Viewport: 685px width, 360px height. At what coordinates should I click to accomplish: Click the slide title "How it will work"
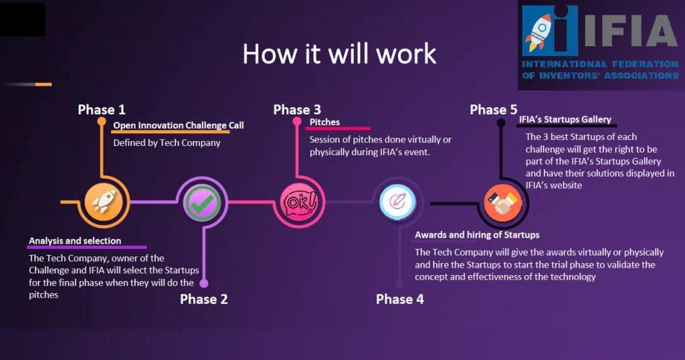pos(339,54)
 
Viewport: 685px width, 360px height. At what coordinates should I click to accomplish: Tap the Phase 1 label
pos(102,110)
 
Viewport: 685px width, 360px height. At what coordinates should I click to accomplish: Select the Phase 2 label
pos(203,299)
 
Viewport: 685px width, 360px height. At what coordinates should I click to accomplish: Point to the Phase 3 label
pos(297,110)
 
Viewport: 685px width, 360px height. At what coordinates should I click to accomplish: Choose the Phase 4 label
pos(400,299)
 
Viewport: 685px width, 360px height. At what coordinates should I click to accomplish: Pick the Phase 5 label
pos(493,110)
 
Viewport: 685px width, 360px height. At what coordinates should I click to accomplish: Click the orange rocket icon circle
pos(104,202)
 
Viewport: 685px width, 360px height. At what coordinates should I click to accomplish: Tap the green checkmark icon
pos(202,202)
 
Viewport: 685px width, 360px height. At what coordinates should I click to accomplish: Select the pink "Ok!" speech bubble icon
pos(300,202)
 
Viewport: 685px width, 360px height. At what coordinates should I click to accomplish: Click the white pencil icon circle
pos(397,201)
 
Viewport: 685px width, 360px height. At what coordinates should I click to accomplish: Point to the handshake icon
pos(503,203)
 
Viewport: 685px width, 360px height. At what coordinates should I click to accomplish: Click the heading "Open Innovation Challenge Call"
pos(178,125)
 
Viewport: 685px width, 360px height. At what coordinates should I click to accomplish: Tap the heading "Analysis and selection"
pos(75,241)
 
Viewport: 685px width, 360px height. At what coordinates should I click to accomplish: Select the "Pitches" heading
pos(324,122)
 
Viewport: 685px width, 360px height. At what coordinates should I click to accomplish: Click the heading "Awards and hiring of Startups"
pos(477,235)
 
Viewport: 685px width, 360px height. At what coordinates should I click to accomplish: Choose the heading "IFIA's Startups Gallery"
pos(565,119)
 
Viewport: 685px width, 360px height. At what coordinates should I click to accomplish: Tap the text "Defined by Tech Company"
pos(167,143)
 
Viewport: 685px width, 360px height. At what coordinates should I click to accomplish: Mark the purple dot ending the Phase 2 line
pos(203,283)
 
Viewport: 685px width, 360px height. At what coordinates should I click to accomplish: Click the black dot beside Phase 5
pos(501,123)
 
